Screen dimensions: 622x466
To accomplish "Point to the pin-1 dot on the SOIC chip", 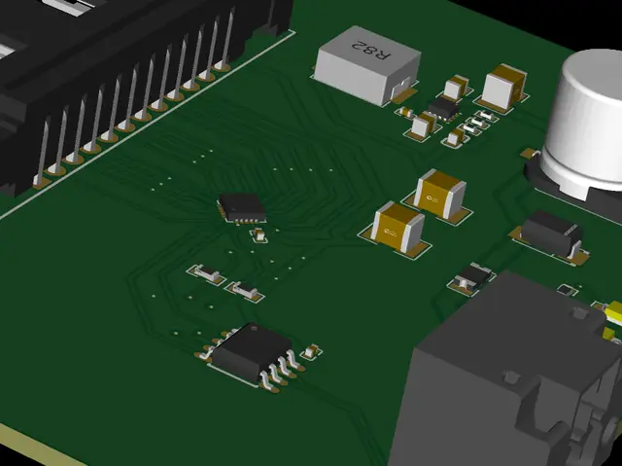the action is coord(254,328).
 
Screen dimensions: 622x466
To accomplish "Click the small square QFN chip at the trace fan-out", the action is coord(242,207).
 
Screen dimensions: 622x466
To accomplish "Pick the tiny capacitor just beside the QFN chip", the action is coord(259,235).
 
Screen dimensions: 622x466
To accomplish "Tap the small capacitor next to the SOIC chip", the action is coord(311,351).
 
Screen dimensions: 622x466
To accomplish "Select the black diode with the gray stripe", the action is coord(551,235).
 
